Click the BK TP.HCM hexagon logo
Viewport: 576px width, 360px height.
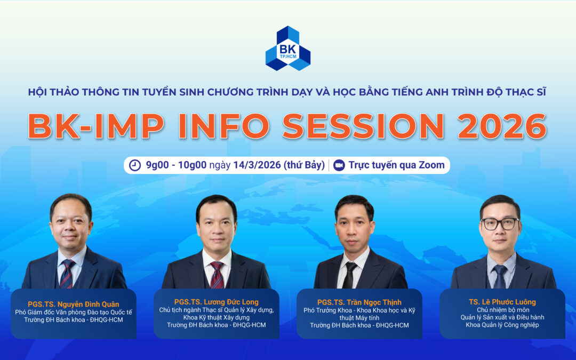[x=288, y=49]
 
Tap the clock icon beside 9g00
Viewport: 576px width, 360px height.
[x=135, y=165]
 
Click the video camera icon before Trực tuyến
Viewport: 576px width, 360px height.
[x=338, y=165]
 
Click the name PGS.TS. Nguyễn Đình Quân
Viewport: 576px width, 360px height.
[x=74, y=303]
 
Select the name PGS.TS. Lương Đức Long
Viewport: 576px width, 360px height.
[x=216, y=302]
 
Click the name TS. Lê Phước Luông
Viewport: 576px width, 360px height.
[x=502, y=302]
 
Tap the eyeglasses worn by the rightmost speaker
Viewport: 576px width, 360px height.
[x=500, y=223]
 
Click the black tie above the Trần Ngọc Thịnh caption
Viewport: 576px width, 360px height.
[x=350, y=274]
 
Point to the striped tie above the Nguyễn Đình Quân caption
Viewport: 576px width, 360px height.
[x=68, y=273]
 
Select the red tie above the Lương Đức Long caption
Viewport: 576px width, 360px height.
[x=217, y=274]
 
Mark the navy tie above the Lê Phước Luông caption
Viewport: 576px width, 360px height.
[x=500, y=276]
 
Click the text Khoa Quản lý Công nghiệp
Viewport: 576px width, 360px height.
[x=502, y=324]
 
